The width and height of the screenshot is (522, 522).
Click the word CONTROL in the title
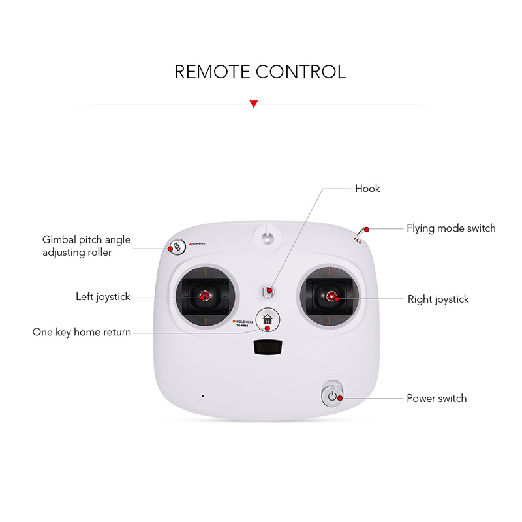[x=301, y=72]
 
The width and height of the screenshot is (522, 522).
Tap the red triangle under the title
[x=254, y=104]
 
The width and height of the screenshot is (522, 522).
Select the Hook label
[x=367, y=189]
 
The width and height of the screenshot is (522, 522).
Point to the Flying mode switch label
[x=451, y=228]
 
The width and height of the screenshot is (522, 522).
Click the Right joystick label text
[x=438, y=299]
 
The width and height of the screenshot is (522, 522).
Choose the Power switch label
[x=437, y=399]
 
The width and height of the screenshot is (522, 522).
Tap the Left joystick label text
[x=103, y=297]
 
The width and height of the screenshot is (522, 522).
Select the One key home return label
[x=82, y=332]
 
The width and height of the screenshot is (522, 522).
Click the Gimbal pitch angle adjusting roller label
[x=86, y=246]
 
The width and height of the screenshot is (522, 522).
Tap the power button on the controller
[x=332, y=395]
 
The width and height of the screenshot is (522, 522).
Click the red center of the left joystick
[x=204, y=296]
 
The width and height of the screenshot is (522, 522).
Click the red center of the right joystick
[x=331, y=296]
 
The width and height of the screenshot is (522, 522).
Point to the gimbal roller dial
[x=177, y=247]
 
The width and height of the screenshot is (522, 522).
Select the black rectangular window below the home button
[x=268, y=347]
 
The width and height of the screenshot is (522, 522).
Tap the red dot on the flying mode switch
[x=367, y=230]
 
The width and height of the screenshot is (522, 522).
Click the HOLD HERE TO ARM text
[x=245, y=324]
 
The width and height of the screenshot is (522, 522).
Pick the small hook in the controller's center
[x=268, y=292]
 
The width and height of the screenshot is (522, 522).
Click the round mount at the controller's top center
[x=268, y=238]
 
